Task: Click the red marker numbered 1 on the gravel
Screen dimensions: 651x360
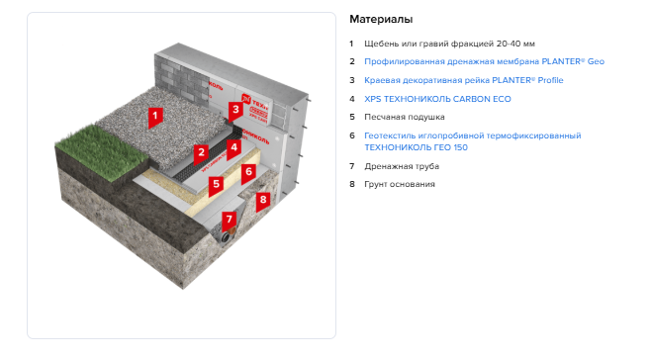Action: [155, 117]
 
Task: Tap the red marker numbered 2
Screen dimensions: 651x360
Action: [201, 154]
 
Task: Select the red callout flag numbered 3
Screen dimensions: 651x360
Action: [235, 112]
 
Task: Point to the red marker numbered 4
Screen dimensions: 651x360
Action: [233, 148]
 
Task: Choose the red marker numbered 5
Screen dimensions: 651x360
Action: [216, 185]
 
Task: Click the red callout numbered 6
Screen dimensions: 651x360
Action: [248, 173]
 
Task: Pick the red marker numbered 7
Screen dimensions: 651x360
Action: [229, 221]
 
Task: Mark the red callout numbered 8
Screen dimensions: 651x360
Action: [263, 202]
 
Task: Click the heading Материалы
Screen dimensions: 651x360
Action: [381, 19]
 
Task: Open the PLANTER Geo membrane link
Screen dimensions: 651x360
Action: [484, 61]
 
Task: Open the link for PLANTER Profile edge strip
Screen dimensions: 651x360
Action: [464, 80]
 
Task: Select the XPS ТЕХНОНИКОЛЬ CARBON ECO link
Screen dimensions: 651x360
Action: [437, 99]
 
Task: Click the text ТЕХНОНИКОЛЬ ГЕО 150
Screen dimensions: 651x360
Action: [416, 147]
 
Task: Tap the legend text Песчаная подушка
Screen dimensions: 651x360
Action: [405, 117]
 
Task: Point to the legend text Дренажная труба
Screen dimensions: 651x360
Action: [402, 166]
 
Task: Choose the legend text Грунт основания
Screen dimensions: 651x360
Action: [400, 184]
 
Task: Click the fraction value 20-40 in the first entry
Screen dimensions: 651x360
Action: [509, 44]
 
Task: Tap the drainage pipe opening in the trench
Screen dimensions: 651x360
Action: [227, 237]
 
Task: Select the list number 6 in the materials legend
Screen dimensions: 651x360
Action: [352, 135]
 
